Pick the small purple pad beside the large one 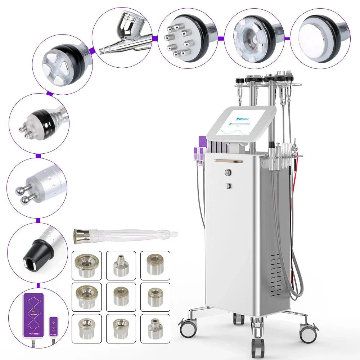click(x=54, y=325)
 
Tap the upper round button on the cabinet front click(x=228, y=172)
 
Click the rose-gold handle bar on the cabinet click(x=228, y=161)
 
